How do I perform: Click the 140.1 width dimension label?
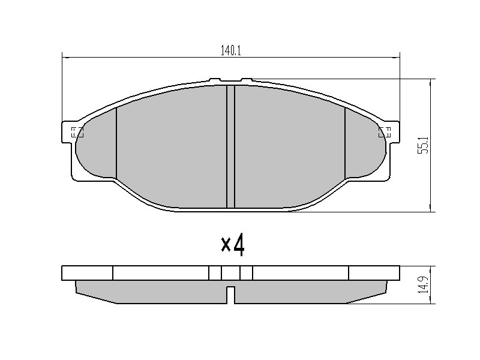[x=231, y=51]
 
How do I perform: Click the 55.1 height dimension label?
[x=424, y=145]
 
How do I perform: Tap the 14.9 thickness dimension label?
[x=424, y=285]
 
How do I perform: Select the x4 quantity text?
[x=233, y=245]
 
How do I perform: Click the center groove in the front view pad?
[x=230, y=146]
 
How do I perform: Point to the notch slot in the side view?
[x=231, y=295]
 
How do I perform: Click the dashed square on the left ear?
[x=77, y=133]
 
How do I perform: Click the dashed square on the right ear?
[x=385, y=133]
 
